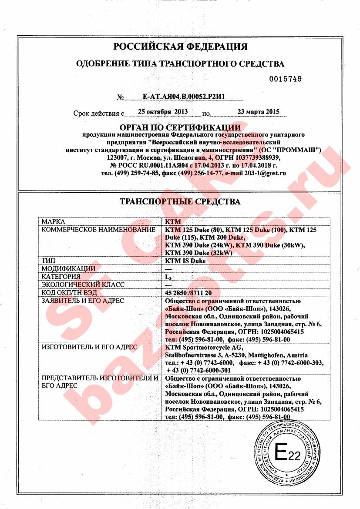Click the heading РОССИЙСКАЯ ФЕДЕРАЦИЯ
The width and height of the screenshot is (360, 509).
180,47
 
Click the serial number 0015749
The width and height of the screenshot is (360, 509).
286,79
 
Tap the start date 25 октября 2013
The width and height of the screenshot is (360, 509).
162,112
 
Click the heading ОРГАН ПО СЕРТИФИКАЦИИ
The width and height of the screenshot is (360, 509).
180,127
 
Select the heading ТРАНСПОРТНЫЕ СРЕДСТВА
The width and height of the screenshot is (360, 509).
180,202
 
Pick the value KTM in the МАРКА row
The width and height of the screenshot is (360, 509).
173,221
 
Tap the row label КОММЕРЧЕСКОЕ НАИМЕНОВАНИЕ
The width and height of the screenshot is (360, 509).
98,229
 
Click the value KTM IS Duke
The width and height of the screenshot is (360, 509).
185,261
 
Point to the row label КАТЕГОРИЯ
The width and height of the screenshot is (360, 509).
61,277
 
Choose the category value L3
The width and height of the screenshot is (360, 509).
168,277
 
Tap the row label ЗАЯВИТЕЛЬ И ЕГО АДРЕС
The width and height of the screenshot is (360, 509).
83,301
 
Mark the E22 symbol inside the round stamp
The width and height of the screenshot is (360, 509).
288,454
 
